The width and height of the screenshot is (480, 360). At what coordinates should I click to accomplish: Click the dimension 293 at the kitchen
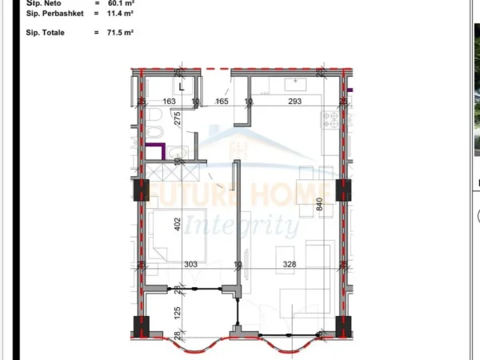pos(294,102)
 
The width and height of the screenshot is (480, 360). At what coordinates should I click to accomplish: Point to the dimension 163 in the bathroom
pos(169,102)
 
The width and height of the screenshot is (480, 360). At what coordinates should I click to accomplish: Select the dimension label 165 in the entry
pos(222,102)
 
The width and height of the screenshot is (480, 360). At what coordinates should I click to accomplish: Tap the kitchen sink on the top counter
pos(298,82)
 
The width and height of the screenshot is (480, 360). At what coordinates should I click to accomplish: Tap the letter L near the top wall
pos(182,86)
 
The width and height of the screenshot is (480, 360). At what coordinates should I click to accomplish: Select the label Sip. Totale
pos(44,33)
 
